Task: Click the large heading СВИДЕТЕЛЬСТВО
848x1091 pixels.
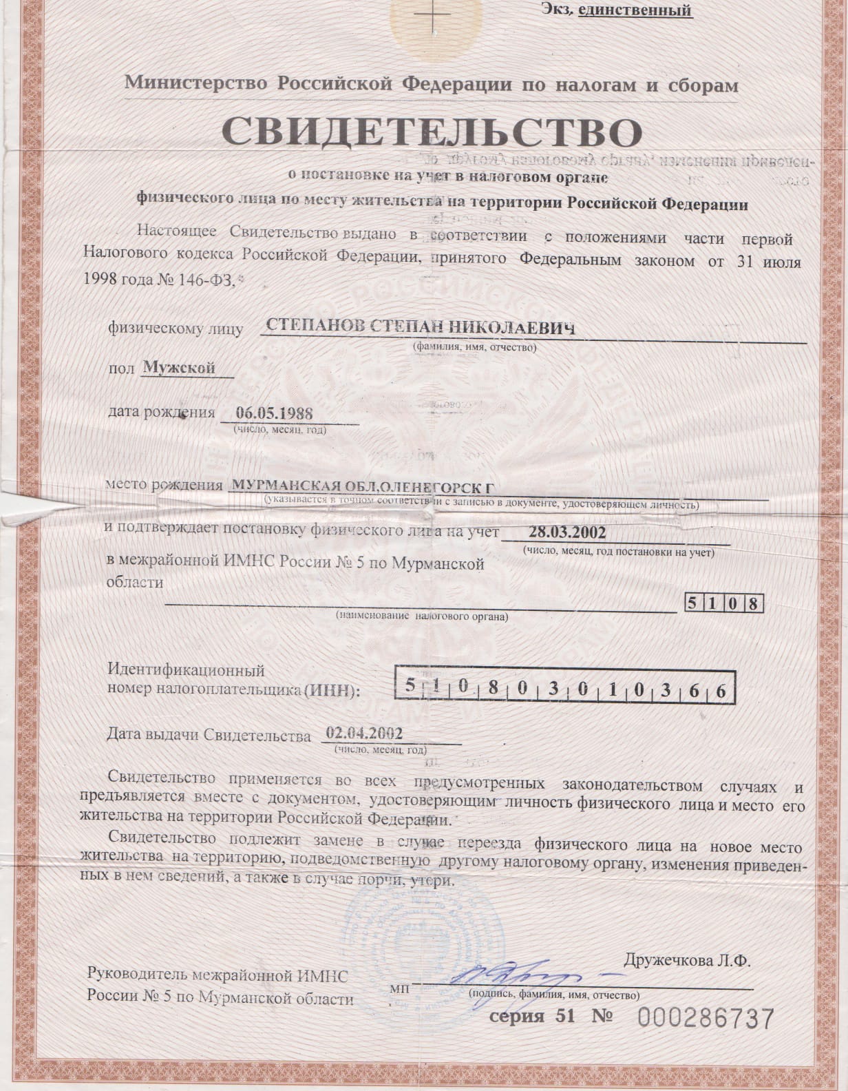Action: click(432, 132)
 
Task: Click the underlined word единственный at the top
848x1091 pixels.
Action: click(634, 10)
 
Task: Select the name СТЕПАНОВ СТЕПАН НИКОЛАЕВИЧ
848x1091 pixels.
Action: click(420, 328)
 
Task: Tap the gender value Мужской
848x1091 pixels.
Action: click(179, 368)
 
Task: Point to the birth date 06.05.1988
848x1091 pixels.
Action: click(274, 413)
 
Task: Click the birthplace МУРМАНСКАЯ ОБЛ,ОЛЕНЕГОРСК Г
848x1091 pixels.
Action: click(363, 486)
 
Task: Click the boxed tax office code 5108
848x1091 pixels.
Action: click(725, 603)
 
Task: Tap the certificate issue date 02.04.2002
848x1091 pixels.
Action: click(364, 734)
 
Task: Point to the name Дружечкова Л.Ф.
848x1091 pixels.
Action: click(687, 961)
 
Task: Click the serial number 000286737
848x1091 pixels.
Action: click(706, 1018)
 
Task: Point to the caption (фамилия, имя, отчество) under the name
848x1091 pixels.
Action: click(474, 347)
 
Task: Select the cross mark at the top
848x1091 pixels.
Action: click(433, 15)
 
